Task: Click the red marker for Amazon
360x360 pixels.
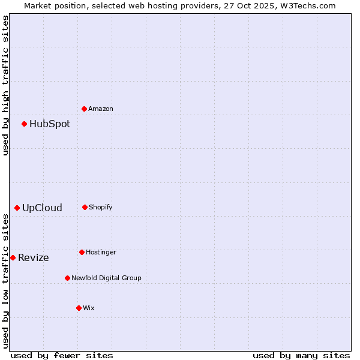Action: (x=85, y=109)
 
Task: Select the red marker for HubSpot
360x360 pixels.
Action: (x=25, y=124)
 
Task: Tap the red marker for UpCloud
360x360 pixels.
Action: (x=17, y=208)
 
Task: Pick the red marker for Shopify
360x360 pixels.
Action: (x=85, y=207)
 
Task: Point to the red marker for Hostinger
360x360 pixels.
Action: (x=82, y=252)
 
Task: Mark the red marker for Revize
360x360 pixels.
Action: (x=13, y=257)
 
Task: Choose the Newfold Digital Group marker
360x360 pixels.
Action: (x=68, y=278)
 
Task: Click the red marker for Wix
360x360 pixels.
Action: (x=79, y=308)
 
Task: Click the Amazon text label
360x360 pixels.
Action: (x=101, y=109)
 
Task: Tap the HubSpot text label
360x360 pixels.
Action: (x=50, y=124)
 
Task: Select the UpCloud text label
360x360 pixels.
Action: (x=42, y=208)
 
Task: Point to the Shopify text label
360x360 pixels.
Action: (x=101, y=208)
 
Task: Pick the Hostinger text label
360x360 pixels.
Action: (x=101, y=253)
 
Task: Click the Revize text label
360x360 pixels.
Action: (x=34, y=258)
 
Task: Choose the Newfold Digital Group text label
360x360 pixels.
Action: (x=106, y=278)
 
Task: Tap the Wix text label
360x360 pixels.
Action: (x=89, y=308)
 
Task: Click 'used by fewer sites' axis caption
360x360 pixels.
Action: (x=62, y=355)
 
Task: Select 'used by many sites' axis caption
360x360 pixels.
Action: (x=301, y=355)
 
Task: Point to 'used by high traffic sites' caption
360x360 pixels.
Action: (x=5, y=85)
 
